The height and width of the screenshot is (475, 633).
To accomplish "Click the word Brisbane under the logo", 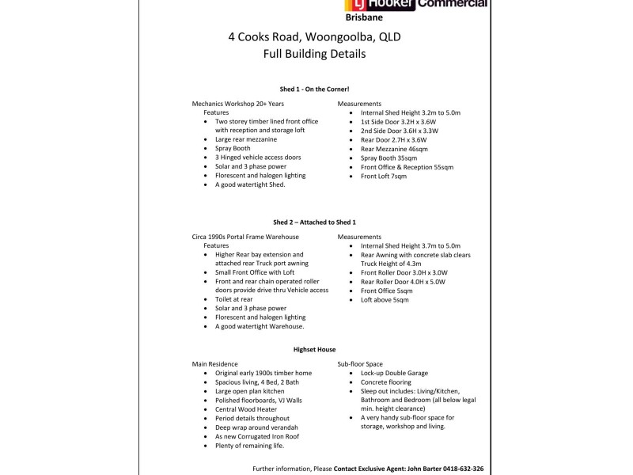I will click(x=366, y=16).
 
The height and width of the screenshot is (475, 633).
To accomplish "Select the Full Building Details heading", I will click(x=315, y=55).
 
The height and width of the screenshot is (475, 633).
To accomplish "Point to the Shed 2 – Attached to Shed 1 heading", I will click(x=315, y=222).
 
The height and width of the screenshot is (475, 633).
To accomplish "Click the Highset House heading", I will click(x=315, y=348).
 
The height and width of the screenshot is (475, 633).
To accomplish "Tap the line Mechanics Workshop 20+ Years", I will click(x=237, y=104).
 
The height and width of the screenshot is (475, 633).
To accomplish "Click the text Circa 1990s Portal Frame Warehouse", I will click(x=245, y=237).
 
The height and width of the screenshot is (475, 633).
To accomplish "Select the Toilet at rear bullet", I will click(x=234, y=299).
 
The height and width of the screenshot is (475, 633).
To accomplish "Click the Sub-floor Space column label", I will click(x=360, y=363).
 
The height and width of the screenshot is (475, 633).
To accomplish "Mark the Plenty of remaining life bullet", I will click(x=250, y=446).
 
